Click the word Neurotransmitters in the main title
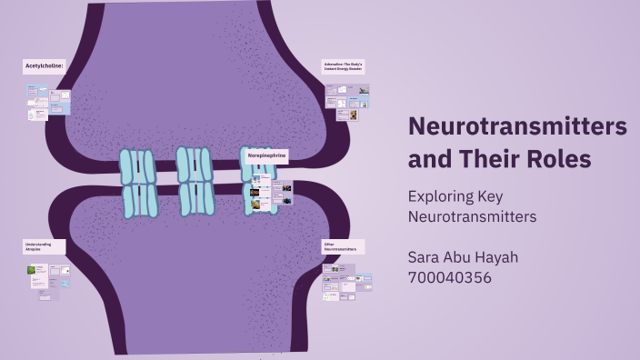coord(517,126)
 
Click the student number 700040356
coord(449,277)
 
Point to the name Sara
coord(425,257)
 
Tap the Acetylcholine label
coord(44,66)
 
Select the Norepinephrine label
coord(267,155)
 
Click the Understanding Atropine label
coord(43,246)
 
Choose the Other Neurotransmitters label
coord(344,246)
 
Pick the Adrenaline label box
coord(345,65)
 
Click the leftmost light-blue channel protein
coord(138,183)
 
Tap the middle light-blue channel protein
coord(195,181)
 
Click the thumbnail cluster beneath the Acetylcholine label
coord(49,101)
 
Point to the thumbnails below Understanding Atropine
coord(48,281)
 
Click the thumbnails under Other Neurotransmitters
coord(347,281)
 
